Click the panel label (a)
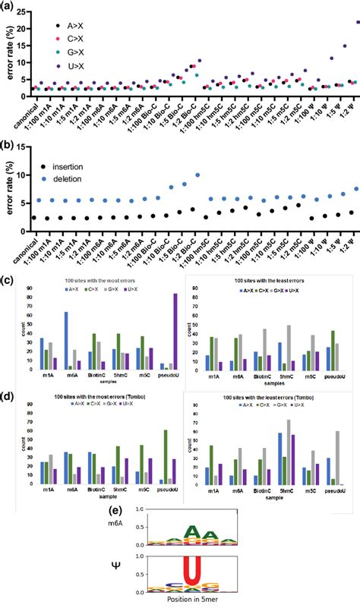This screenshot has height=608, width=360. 11,7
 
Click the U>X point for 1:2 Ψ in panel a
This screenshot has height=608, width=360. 358,23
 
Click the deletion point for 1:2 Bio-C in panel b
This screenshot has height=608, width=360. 199,174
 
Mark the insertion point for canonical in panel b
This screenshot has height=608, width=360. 35,218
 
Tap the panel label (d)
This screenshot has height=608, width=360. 11,395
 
